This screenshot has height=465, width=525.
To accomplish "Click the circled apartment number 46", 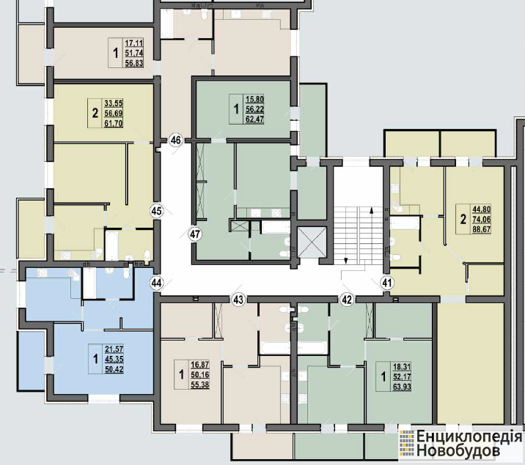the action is tap(176, 140).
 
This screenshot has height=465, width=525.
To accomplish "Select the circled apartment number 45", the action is tap(156, 212).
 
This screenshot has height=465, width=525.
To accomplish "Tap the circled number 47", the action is tap(195, 234).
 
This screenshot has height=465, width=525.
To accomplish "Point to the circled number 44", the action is tap(156, 283).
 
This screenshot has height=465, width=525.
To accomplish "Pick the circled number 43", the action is tap(238, 300).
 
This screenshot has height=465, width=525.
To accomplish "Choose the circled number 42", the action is tap(347, 300).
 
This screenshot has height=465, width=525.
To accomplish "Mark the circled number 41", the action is tap(386, 283).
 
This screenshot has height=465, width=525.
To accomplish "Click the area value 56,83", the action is tap(134, 63).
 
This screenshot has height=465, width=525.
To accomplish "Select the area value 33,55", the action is tap(114, 103).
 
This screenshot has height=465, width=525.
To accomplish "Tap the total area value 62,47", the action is tap(254, 119).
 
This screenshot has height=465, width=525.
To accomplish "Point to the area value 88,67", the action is tap(482, 229).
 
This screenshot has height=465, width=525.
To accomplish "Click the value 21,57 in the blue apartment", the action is tap(114, 349).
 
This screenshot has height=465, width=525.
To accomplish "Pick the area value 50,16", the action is tap(200, 374).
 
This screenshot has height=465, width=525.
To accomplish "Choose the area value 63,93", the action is tap(402, 387).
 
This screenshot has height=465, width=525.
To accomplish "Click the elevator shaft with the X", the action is tap(312, 242).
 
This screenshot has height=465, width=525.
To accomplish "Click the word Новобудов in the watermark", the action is tap(458, 450).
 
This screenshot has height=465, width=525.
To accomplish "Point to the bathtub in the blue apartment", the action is tap(89, 283).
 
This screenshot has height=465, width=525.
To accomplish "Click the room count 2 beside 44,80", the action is tap(463, 220).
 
